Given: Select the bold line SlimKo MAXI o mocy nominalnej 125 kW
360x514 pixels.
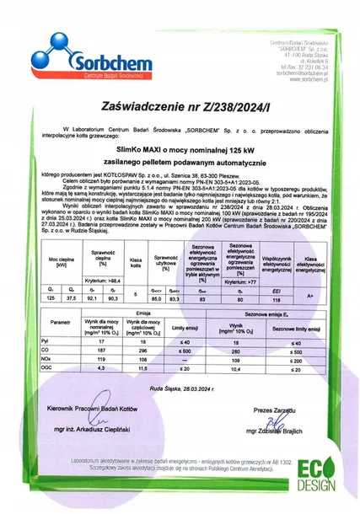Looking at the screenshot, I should tap(180, 148).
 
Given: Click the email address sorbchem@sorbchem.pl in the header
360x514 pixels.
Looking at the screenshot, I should tap(299, 73).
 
